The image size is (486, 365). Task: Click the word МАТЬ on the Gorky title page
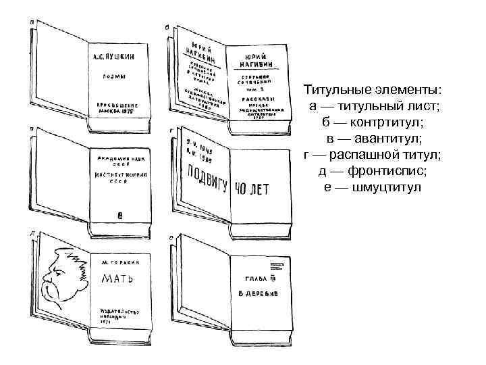click(117, 278)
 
